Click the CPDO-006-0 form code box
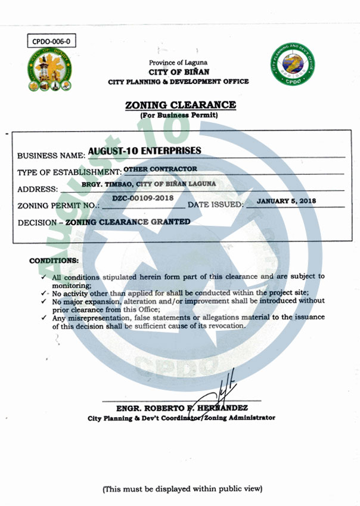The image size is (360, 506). (x=52, y=42)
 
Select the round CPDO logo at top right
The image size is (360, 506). (x=291, y=65)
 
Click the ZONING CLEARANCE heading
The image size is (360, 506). (x=180, y=105)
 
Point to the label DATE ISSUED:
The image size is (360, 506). (x=216, y=205)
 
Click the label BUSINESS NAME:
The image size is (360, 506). (x=51, y=156)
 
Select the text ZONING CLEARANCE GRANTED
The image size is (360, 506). (x=128, y=222)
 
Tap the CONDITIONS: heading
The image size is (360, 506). (x=54, y=261)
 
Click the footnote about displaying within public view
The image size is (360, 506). (x=182, y=489)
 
